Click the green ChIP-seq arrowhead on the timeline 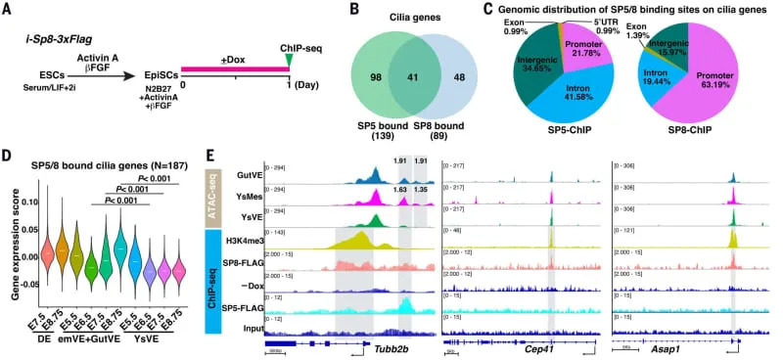[x=288, y=64]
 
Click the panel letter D [x=8, y=155]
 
